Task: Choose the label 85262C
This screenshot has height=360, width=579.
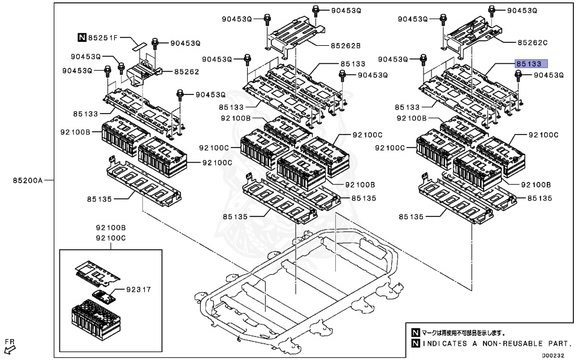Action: click(x=533, y=42)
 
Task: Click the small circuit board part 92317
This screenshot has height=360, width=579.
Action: click(x=104, y=295)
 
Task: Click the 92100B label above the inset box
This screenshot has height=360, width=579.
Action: click(x=110, y=228)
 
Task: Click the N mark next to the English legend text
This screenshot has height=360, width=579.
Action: click(x=416, y=344)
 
